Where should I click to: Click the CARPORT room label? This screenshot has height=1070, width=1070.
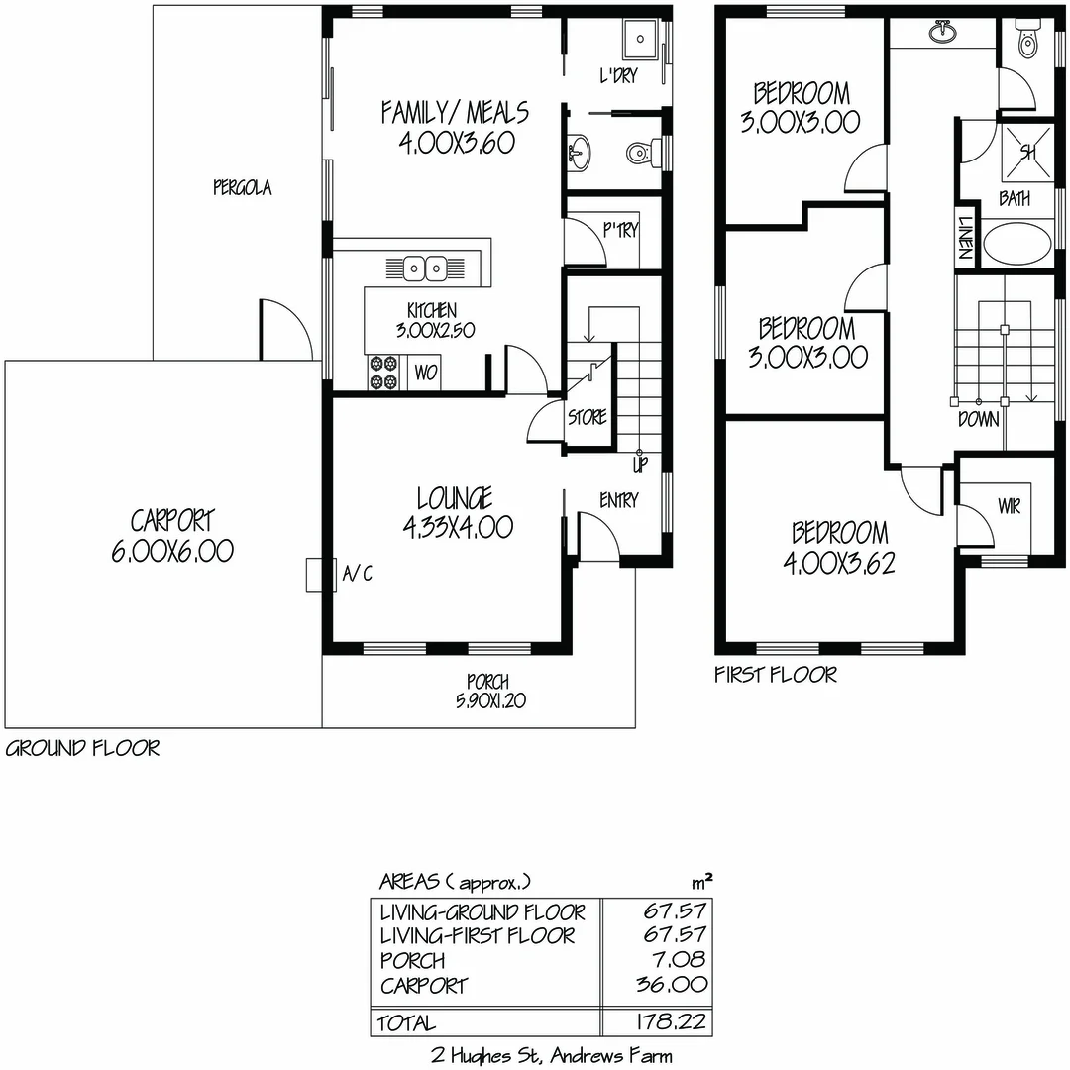(x=172, y=520)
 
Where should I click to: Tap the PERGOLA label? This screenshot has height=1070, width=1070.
(x=242, y=187)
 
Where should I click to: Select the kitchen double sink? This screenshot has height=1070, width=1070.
(x=426, y=267)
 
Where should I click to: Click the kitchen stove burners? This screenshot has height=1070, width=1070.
(x=382, y=374)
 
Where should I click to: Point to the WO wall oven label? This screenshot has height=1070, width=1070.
(x=425, y=374)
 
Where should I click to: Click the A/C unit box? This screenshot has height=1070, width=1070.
(x=314, y=575)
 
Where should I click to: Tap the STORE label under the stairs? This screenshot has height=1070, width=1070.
(x=587, y=418)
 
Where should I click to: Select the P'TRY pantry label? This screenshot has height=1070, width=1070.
(x=621, y=230)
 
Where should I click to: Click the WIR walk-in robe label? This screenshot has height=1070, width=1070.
(x=1009, y=507)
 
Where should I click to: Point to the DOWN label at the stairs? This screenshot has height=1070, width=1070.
(x=978, y=420)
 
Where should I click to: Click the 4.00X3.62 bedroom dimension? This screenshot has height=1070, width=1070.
(x=838, y=563)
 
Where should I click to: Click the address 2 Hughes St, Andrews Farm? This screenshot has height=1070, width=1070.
(x=552, y=1056)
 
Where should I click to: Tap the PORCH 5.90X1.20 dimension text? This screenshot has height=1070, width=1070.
(x=487, y=700)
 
